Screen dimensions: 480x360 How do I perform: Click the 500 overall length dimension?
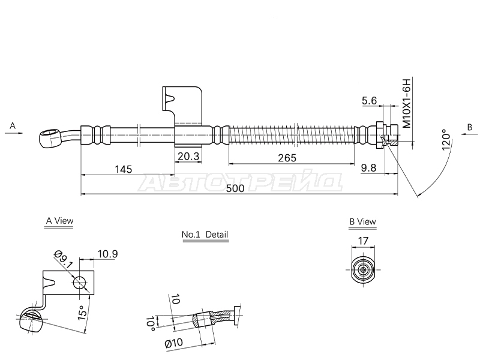(x=235, y=188)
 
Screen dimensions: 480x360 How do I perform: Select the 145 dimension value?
(x=123, y=169)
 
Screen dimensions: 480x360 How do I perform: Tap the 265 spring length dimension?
(x=287, y=158)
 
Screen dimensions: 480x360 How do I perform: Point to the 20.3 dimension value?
(x=188, y=157)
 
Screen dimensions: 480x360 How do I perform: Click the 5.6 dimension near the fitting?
(x=369, y=101)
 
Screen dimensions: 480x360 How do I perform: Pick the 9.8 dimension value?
(x=368, y=168)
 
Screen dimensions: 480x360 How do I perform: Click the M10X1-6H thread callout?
(x=406, y=103)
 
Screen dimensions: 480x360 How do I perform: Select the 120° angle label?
(x=447, y=140)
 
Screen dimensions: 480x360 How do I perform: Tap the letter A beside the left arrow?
(x=13, y=125)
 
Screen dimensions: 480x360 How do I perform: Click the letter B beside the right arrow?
(x=470, y=127)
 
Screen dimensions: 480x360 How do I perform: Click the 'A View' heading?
(x=59, y=221)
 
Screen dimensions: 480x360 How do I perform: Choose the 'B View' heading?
(x=363, y=221)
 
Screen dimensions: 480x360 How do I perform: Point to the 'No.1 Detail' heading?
(x=205, y=235)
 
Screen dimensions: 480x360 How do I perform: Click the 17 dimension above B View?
(x=363, y=241)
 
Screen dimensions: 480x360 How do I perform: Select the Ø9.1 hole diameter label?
(x=63, y=259)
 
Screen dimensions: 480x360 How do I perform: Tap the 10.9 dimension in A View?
(x=107, y=254)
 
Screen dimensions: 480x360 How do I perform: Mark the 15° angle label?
(x=82, y=313)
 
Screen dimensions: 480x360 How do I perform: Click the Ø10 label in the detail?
(x=174, y=343)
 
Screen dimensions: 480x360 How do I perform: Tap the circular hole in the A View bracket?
(x=80, y=283)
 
